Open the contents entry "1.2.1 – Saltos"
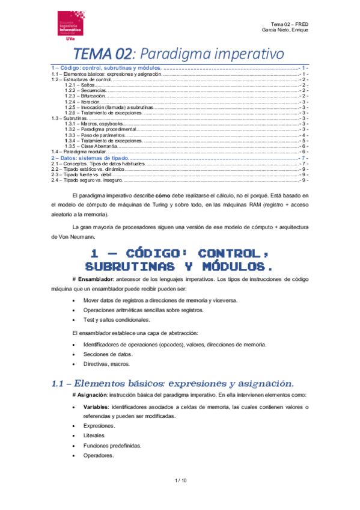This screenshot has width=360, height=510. click(x=81, y=85)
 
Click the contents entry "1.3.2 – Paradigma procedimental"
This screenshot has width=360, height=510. click(x=102, y=129)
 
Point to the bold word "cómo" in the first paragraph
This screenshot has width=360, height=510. click(x=164, y=196)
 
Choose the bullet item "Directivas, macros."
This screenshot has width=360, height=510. click(x=106, y=364)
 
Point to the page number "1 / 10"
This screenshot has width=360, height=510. click(x=180, y=480)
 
